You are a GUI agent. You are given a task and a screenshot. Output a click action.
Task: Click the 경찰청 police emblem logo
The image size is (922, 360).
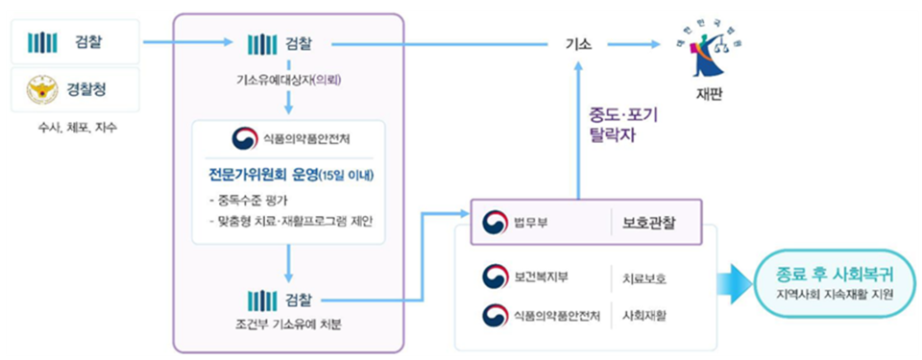tap(41, 91)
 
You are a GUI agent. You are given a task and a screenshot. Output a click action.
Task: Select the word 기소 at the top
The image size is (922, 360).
tap(578, 43)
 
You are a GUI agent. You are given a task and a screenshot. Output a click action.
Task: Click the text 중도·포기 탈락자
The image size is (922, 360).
tap(623, 125)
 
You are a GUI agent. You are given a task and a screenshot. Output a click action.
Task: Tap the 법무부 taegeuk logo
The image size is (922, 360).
tap(495, 221)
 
